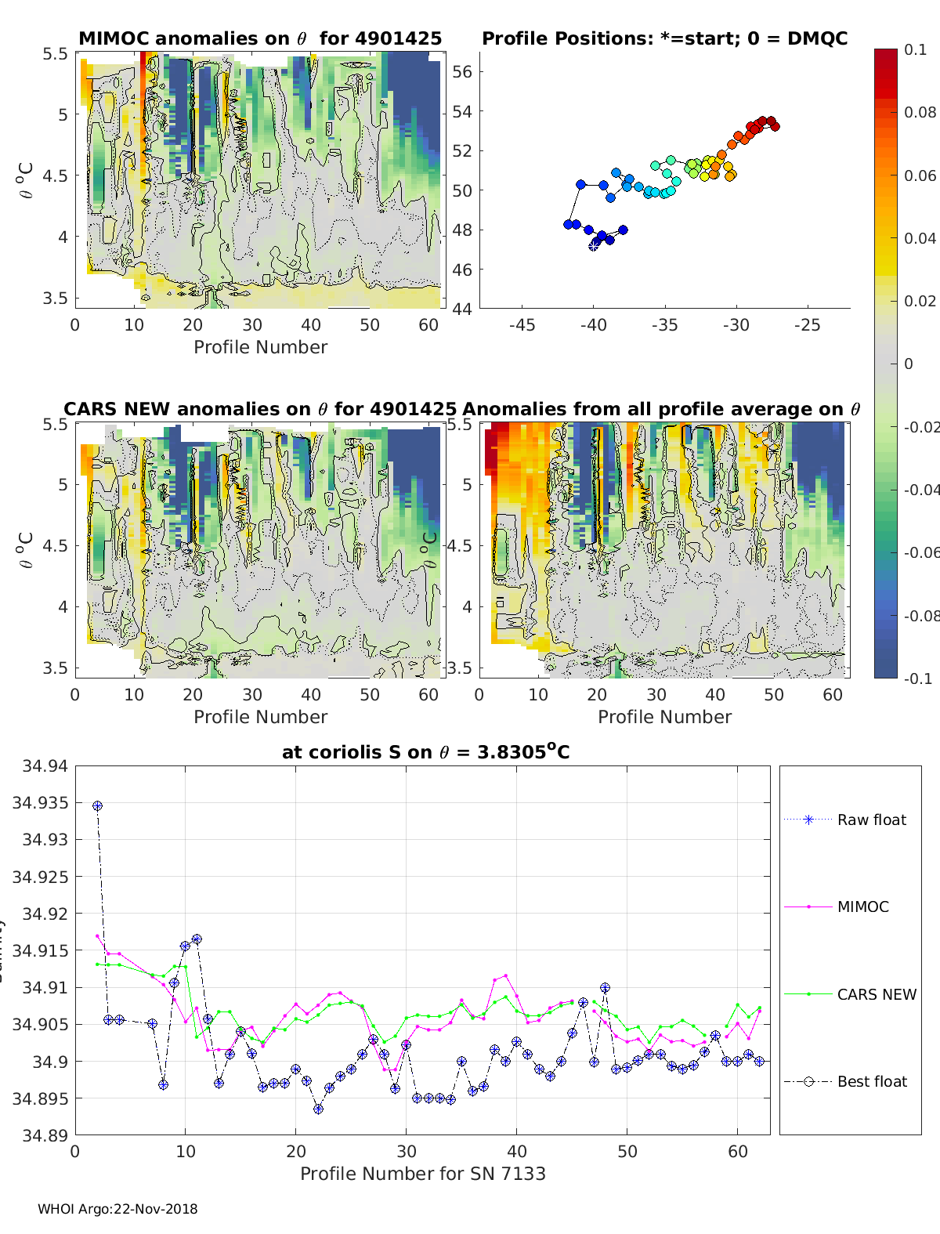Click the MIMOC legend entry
point(862,907)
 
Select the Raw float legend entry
point(871,820)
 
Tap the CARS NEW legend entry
point(876,994)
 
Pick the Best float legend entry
point(871,1081)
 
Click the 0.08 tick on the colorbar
point(920,112)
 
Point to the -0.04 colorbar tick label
point(920,490)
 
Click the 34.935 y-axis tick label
point(40,802)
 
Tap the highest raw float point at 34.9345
point(97,805)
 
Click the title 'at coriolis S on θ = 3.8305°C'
point(425,752)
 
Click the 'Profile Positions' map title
point(664,38)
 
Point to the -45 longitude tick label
point(522,325)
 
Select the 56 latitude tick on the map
point(462,72)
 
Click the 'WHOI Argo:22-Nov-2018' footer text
point(117,1209)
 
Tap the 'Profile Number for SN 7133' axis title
point(422,1174)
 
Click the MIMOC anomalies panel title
point(260,38)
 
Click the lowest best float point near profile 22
point(318,1109)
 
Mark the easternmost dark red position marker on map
point(775,126)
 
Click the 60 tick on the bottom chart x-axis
point(738,1151)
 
